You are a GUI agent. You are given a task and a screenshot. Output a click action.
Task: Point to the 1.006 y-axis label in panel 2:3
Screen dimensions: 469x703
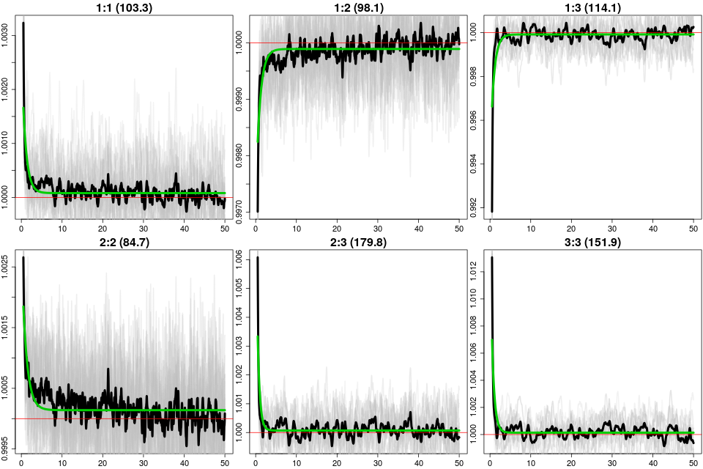tap(241, 259)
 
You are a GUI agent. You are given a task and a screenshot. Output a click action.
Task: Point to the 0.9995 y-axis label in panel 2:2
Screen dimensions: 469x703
tap(7, 446)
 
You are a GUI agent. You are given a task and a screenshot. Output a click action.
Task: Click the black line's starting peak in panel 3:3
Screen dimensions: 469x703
tap(491, 258)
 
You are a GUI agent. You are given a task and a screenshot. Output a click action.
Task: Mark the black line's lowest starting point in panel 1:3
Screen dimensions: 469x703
tap(491, 211)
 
